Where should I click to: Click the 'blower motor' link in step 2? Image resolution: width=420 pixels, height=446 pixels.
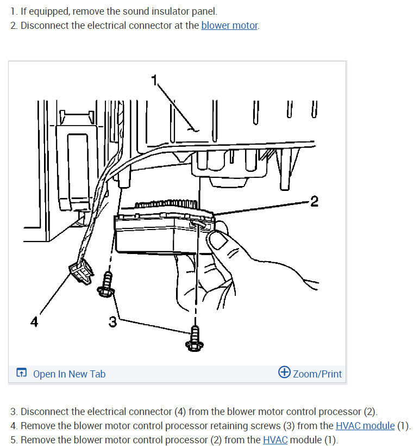coord(230,26)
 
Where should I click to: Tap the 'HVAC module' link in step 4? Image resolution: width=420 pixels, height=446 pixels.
coord(365,426)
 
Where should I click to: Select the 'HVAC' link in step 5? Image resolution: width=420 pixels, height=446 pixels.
coord(275,439)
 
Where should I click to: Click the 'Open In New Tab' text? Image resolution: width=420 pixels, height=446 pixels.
coord(70,374)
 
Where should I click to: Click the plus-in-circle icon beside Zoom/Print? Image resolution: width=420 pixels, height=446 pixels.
coord(284,372)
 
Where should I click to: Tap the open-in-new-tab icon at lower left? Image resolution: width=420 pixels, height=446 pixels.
coord(22,373)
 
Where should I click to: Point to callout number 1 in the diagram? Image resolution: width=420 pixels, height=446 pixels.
coord(154,80)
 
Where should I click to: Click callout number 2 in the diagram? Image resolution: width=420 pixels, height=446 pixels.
coord(314,202)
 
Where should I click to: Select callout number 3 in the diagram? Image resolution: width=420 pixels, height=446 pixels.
coord(112,321)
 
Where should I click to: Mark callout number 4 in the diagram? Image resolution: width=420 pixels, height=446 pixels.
coord(34,322)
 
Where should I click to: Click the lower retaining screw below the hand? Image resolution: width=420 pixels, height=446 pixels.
coord(195,339)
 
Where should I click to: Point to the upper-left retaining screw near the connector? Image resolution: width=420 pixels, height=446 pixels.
coord(106,284)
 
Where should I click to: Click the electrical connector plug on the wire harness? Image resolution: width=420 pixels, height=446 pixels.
coord(81,272)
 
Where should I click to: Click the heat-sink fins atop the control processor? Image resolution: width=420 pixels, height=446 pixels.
coord(166,204)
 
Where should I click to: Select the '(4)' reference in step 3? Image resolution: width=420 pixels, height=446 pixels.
coord(180,412)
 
